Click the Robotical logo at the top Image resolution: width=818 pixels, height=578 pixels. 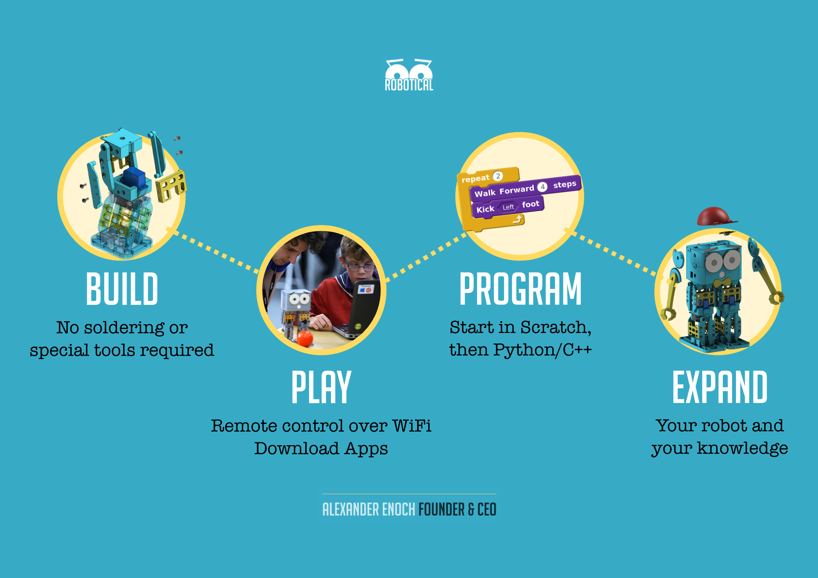pyautogui.click(x=409, y=75)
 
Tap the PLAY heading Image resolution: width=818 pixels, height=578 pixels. pyautogui.click(x=321, y=387)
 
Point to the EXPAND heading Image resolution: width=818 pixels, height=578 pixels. pyautogui.click(x=720, y=387)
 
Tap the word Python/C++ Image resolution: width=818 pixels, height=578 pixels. pyautogui.click(x=543, y=350)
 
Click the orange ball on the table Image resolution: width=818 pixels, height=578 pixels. pyautogui.click(x=305, y=338)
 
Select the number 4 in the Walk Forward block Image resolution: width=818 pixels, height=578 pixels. pyautogui.click(x=542, y=187)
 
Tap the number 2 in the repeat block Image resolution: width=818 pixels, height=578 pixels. pyautogui.click(x=498, y=176)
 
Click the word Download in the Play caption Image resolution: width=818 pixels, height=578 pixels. pyautogui.click(x=296, y=448)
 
